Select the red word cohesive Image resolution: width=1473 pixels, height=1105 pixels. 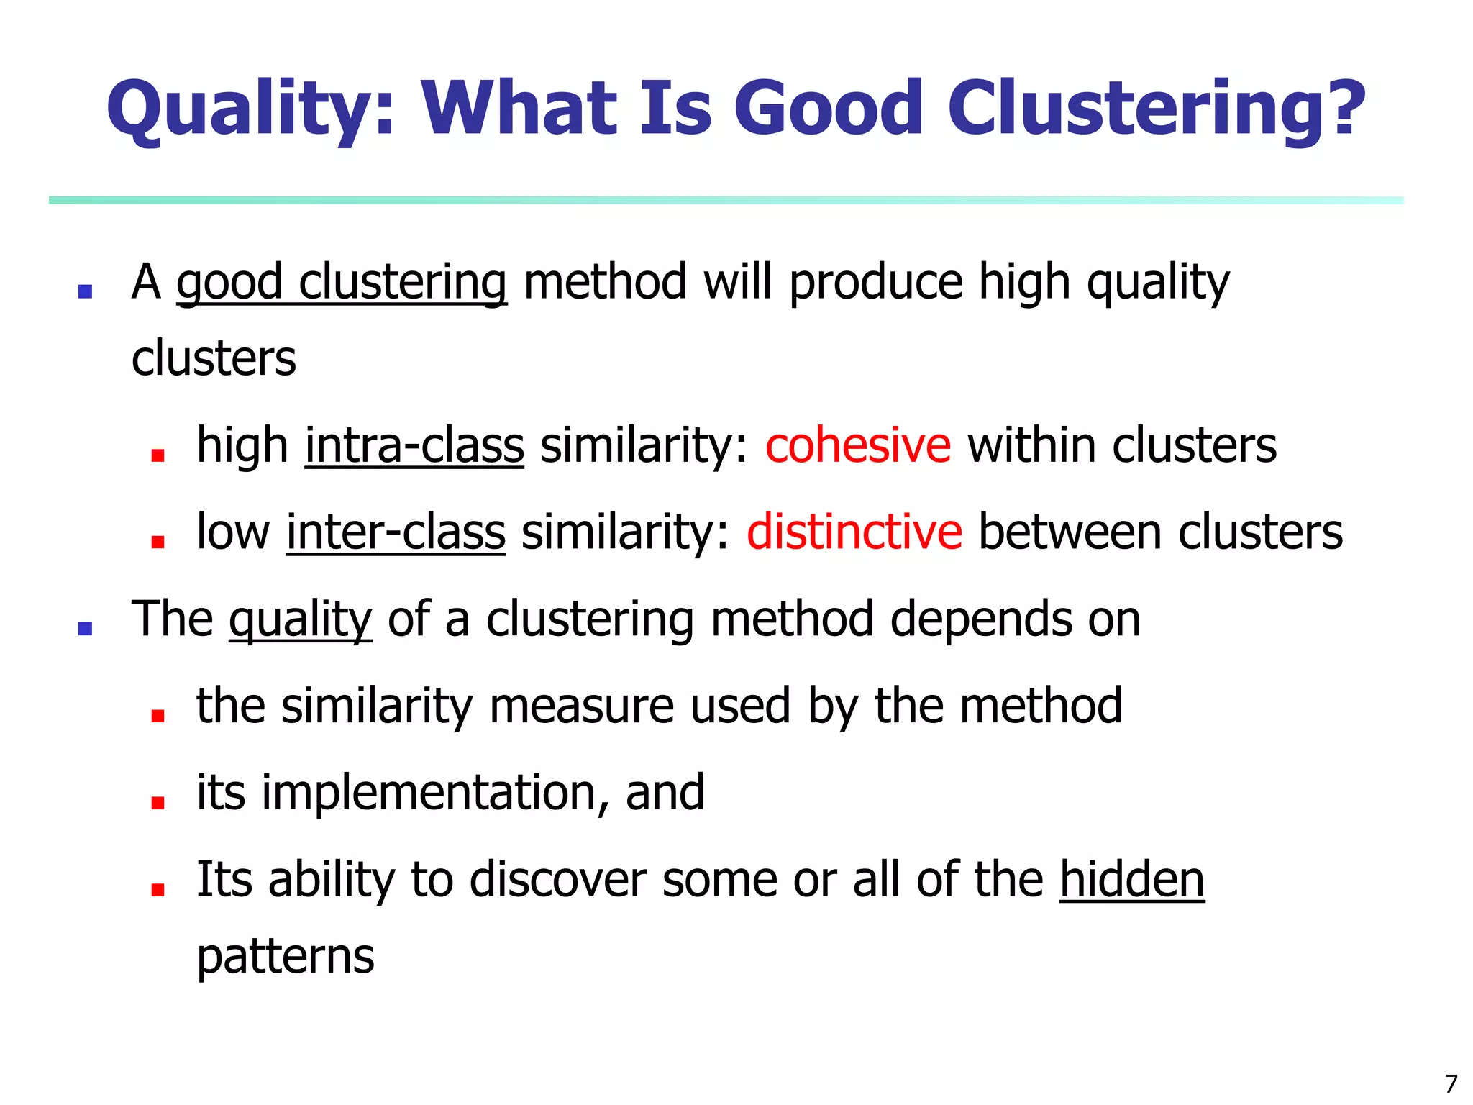(857, 445)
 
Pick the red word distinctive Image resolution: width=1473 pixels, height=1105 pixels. (854, 532)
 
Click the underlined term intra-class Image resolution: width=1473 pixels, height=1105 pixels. (414, 445)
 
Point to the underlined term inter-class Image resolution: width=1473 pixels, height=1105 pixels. (396, 532)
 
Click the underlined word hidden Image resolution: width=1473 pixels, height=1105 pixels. (1131, 879)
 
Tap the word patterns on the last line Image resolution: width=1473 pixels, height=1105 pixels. (286, 957)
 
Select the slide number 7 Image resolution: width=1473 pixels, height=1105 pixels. (1451, 1083)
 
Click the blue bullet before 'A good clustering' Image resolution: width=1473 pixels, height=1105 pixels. (85, 291)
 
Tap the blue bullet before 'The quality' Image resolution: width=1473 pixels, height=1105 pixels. (85, 628)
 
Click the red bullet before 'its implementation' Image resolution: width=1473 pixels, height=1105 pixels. (158, 802)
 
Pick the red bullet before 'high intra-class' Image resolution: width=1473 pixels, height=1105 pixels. (158, 455)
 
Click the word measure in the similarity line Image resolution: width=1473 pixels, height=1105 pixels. (581, 706)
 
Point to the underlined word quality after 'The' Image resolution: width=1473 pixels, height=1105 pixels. (300, 620)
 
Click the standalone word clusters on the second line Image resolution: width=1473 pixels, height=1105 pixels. (214, 358)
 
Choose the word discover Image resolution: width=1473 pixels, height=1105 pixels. (557, 879)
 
